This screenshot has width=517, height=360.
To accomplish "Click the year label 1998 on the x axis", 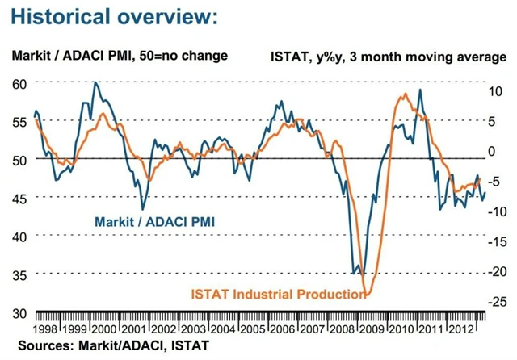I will click(46, 329).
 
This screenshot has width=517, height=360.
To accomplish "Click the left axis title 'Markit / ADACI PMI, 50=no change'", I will click(119, 56).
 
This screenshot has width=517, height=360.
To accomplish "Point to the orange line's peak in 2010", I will click(402, 95).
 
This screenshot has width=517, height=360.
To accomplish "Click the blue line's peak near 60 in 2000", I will click(95, 82).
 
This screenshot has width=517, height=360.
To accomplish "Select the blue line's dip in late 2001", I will click(143, 209).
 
